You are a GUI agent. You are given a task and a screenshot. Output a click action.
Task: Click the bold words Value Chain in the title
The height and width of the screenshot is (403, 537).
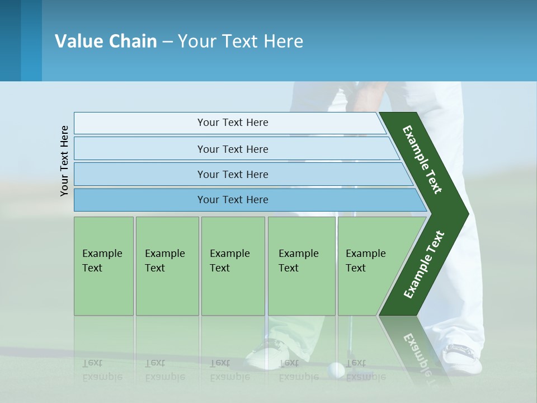106,41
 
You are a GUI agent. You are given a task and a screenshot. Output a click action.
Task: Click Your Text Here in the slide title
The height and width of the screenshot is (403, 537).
241,41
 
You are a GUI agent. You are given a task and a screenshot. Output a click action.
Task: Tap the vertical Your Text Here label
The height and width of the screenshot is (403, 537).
64,161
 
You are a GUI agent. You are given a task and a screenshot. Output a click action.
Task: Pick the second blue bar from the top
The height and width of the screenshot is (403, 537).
233,149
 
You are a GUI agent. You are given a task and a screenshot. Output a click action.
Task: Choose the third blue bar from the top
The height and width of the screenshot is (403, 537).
233,174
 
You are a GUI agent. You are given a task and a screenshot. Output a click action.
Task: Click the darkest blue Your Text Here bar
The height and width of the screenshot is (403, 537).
233,200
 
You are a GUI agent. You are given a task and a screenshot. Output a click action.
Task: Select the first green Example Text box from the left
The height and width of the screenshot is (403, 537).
103,266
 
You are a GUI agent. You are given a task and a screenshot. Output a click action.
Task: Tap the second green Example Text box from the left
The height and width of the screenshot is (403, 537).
167,266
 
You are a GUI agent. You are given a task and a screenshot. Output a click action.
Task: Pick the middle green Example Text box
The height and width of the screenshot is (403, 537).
233,266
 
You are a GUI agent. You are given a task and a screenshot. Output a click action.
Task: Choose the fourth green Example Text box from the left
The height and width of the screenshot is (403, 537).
302,266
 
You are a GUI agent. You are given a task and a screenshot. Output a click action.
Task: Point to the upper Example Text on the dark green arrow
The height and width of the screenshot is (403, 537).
423,160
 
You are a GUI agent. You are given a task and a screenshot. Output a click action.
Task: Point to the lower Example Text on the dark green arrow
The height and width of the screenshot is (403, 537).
424,264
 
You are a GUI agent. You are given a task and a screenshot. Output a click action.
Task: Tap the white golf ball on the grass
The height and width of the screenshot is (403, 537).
336,369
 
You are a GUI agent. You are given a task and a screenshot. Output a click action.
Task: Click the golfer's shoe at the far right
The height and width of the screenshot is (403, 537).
462,358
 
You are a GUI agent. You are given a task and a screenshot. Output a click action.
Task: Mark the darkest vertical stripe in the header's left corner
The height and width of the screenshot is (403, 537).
10,40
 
